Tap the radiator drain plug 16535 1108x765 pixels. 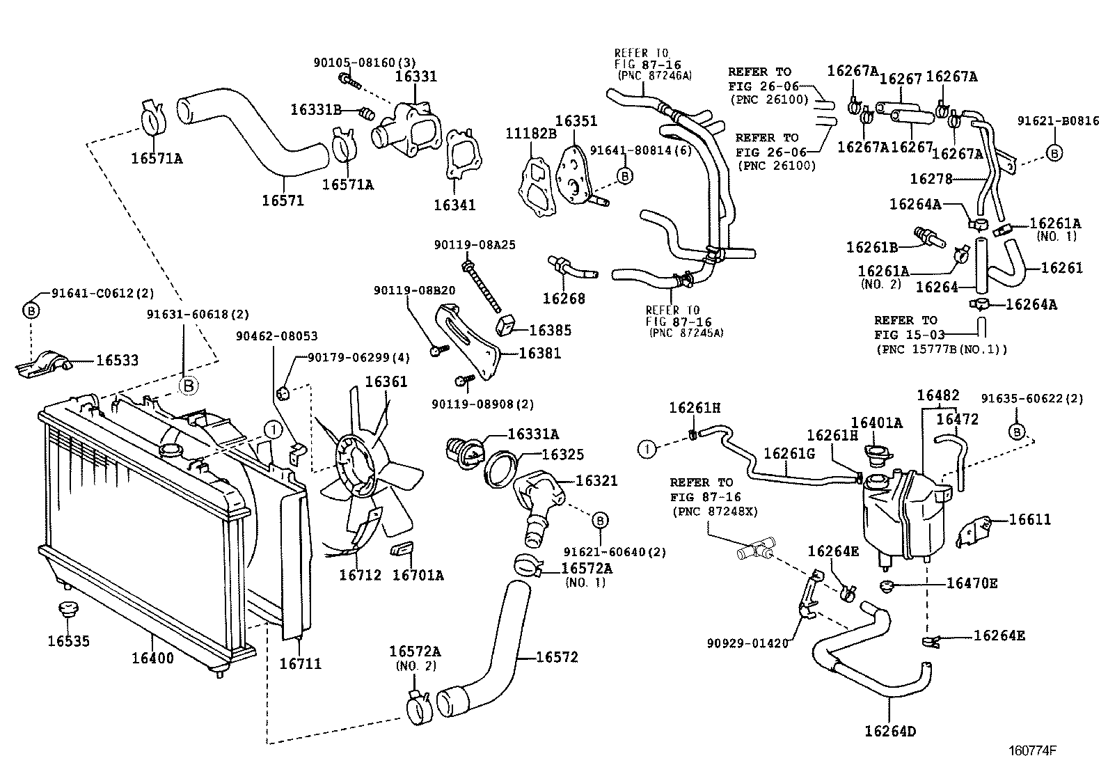pyautogui.click(x=68, y=610)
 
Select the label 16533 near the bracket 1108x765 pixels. pyautogui.click(x=117, y=361)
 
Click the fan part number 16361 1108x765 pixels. pyautogui.click(x=386, y=381)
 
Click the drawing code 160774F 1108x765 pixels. pyautogui.click(x=1034, y=751)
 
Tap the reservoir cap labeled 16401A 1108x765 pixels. pyautogui.click(x=878, y=455)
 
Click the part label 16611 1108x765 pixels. pyautogui.click(x=1029, y=519)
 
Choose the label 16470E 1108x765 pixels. pyautogui.click(x=972, y=583)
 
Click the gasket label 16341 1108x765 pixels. pyautogui.click(x=454, y=205)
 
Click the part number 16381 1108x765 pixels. pyautogui.click(x=539, y=353)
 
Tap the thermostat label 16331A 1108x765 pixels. pyautogui.click(x=533, y=434)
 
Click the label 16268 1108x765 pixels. pyautogui.click(x=564, y=299)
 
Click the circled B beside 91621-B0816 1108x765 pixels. pyautogui.click(x=1054, y=153)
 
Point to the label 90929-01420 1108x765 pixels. pyautogui.click(x=747, y=642)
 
